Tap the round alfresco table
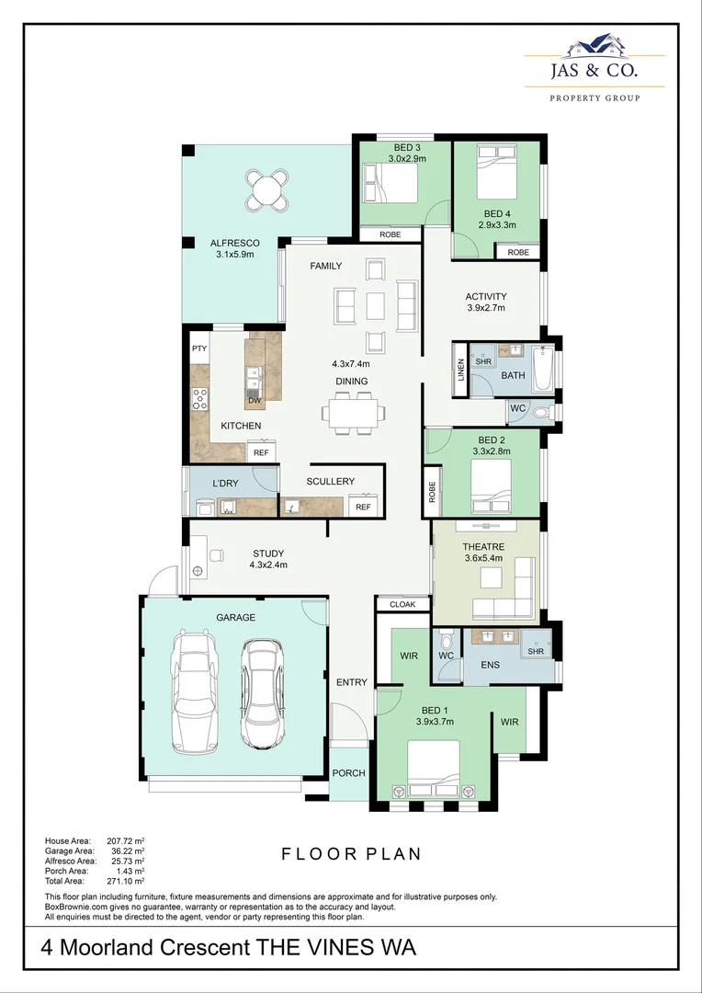click(266, 191)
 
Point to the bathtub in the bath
click(541, 368)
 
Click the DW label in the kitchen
click(255, 401)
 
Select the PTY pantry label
click(199, 349)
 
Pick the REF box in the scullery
click(363, 507)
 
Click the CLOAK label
click(402, 604)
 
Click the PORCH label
click(348, 773)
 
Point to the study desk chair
click(216, 555)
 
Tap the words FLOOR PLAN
click(351, 854)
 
